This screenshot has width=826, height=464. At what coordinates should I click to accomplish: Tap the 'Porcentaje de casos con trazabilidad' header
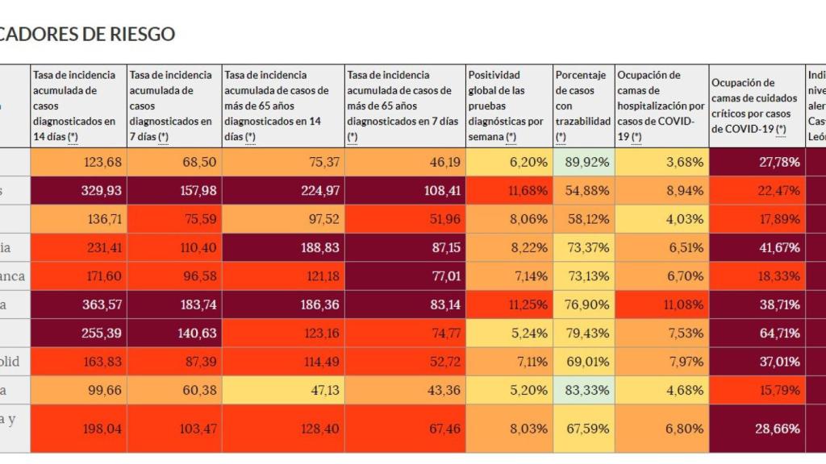582,106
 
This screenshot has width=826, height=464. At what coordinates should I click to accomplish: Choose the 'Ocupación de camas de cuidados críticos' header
757,106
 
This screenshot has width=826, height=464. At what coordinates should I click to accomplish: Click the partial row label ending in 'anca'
13,276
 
